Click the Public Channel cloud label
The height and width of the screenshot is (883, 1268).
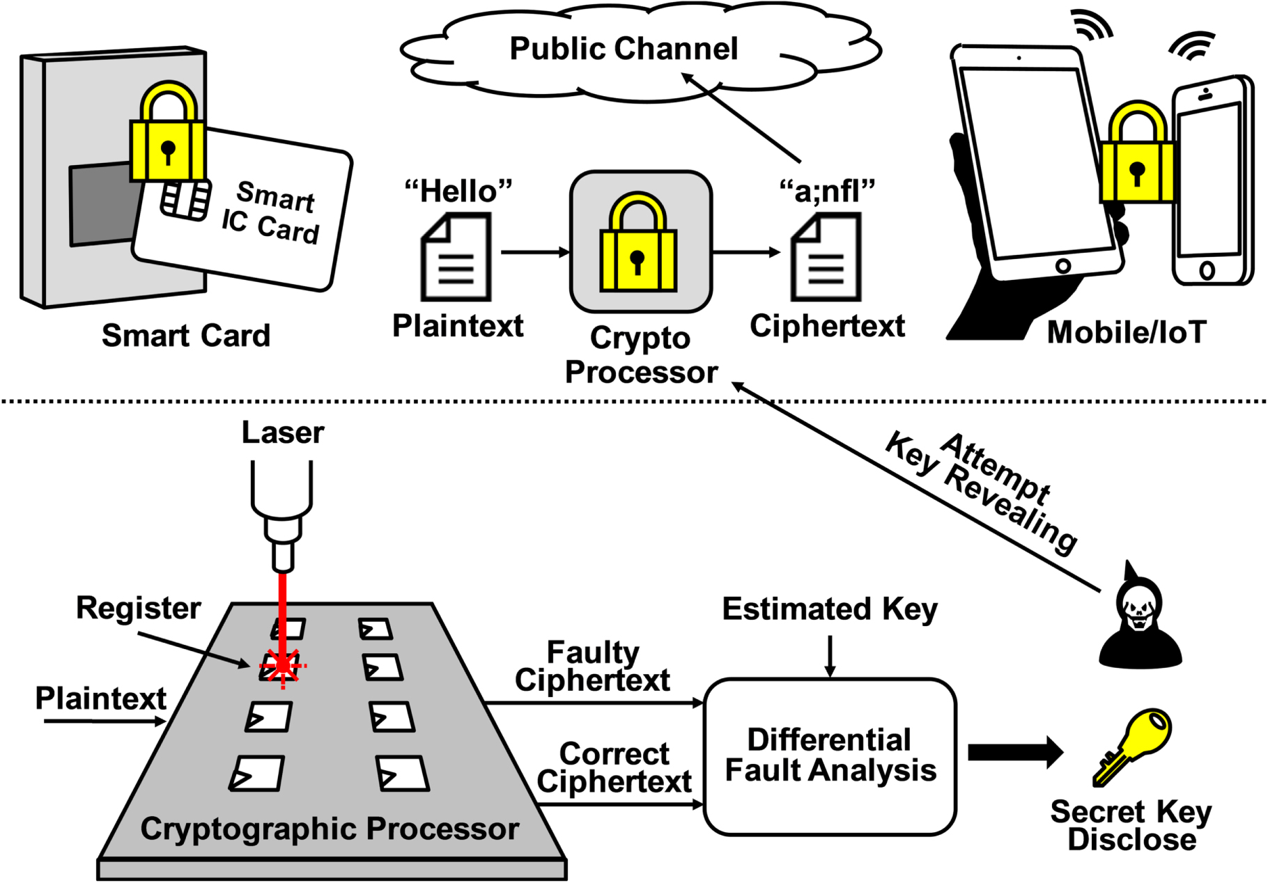pyautogui.click(x=624, y=49)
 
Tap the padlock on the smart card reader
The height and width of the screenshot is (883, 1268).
pyautogui.click(x=168, y=139)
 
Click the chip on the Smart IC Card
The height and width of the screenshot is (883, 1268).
pyautogui.click(x=185, y=199)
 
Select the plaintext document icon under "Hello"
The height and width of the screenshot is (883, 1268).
pyautogui.click(x=456, y=258)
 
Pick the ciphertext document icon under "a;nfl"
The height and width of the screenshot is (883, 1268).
pyautogui.click(x=826, y=258)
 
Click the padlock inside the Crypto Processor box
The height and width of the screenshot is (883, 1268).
pyautogui.click(x=637, y=247)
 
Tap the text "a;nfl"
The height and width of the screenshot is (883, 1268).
pyautogui.click(x=827, y=190)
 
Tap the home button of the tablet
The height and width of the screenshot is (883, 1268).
pyautogui.click(x=1063, y=265)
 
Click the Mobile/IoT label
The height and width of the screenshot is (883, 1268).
pyautogui.click(x=1127, y=332)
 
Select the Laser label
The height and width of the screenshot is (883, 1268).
pyautogui.click(x=283, y=432)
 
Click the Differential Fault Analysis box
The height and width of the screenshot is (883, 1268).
pyautogui.click(x=830, y=756)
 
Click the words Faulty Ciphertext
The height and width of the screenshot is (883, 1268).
pyautogui.click(x=592, y=666)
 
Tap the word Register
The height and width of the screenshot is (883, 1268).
pyautogui.click(x=139, y=608)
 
